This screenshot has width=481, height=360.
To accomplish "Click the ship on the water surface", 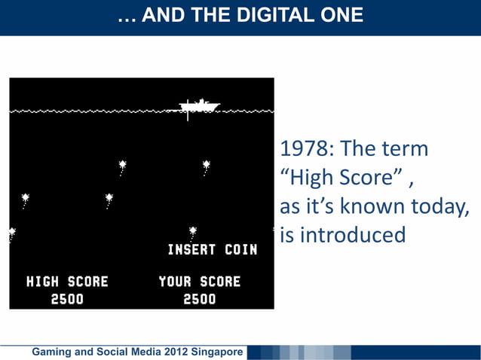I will pos(198,106).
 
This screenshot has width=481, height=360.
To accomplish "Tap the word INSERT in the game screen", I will pos(191,249).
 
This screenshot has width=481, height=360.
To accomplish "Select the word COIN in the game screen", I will pos(240,249).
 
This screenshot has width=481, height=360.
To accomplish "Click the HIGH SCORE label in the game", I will pos(67,282).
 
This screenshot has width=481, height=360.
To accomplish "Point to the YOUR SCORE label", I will pos(199,282).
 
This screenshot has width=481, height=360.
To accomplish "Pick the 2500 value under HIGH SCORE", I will pos(67,299).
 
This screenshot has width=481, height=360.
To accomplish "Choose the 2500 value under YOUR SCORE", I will pos(199,299).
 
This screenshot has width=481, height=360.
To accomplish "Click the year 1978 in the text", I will pos(306,149).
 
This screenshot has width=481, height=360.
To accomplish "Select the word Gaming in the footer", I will pos(47,352).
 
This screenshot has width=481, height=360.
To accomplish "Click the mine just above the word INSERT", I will pos(192,231).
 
